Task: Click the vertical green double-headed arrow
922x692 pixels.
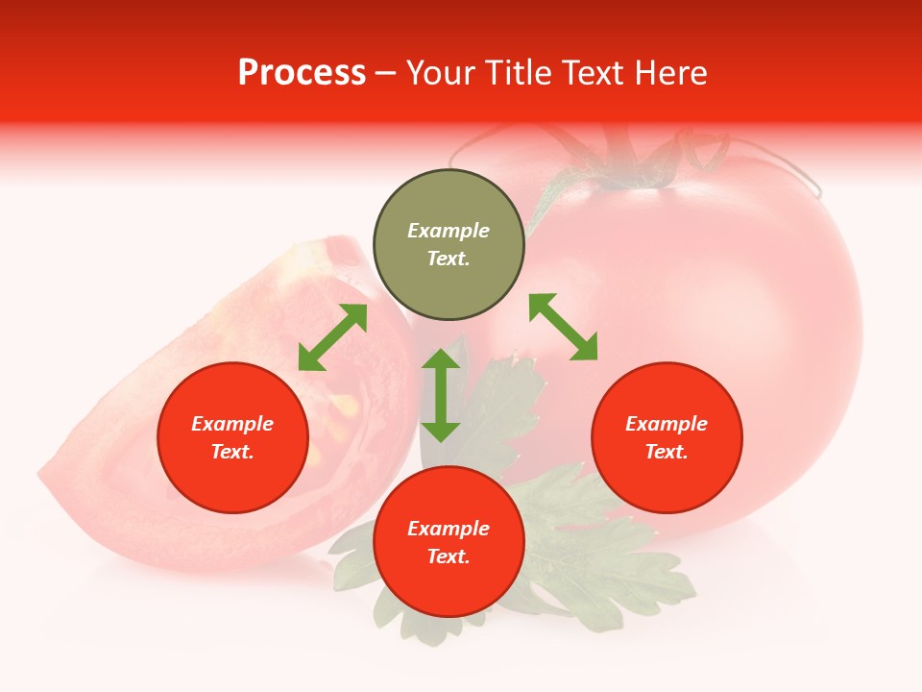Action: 441,395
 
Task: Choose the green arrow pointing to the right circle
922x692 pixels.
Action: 563,327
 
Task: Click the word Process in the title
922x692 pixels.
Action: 302,73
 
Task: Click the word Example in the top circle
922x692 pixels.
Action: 449,231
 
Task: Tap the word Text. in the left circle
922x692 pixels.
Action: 232,452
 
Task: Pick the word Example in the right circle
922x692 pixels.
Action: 667,424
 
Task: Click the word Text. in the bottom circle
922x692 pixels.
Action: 449,556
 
